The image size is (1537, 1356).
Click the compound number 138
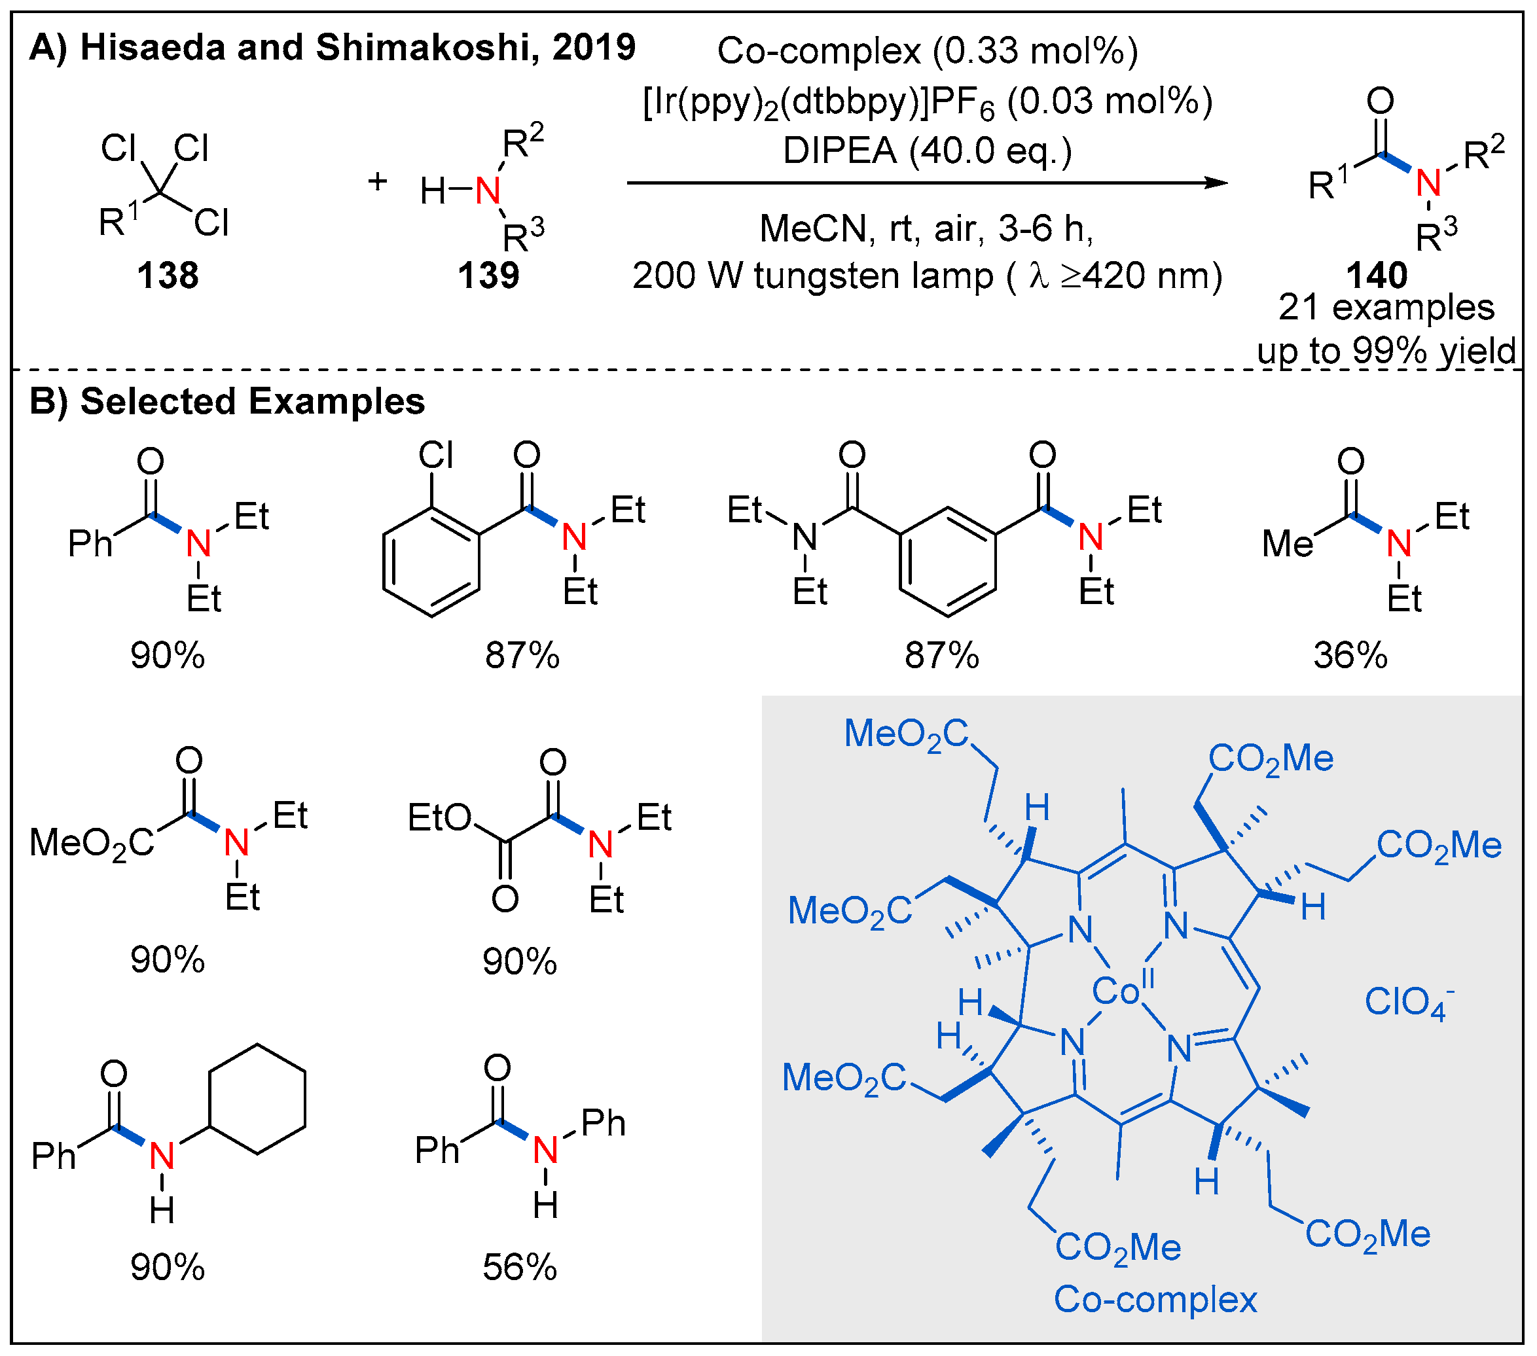168,275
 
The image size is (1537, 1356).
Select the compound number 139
489,275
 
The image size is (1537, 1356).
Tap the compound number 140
1377,275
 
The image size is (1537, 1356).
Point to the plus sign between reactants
378,181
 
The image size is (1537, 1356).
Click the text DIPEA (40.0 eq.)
927,151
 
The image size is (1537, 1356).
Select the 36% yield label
1350,656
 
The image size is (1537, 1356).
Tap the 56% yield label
520,1267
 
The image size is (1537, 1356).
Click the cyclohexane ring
258,1098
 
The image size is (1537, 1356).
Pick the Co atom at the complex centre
1116,993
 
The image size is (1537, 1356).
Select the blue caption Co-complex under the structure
1155,1300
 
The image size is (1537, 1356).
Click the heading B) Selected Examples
227,401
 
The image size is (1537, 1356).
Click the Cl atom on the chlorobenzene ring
435,455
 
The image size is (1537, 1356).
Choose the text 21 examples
1386,308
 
